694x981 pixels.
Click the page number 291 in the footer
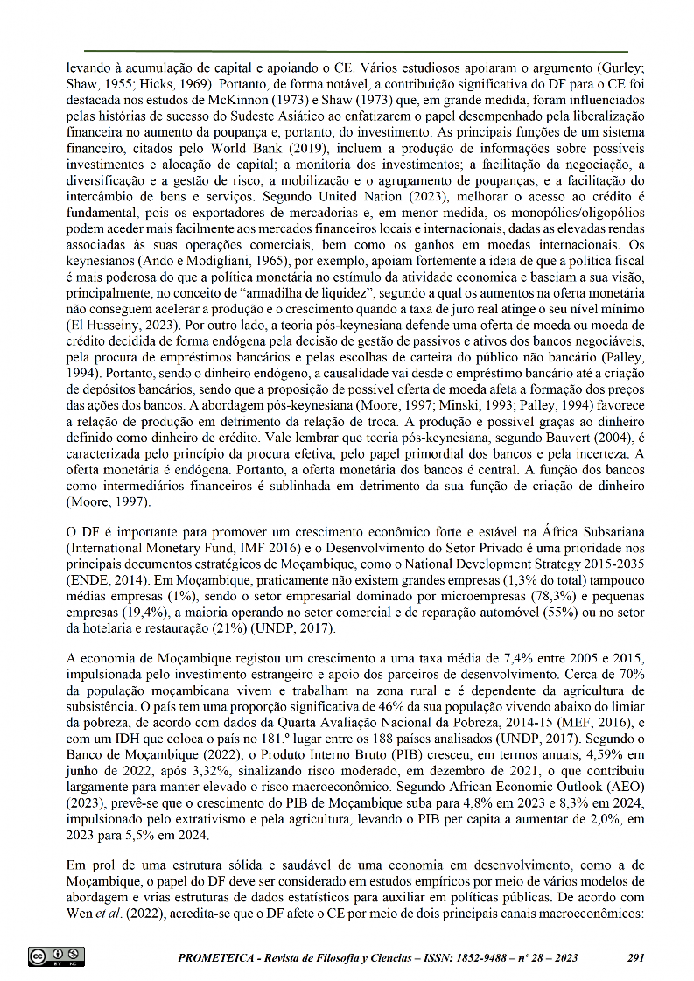(636, 957)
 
